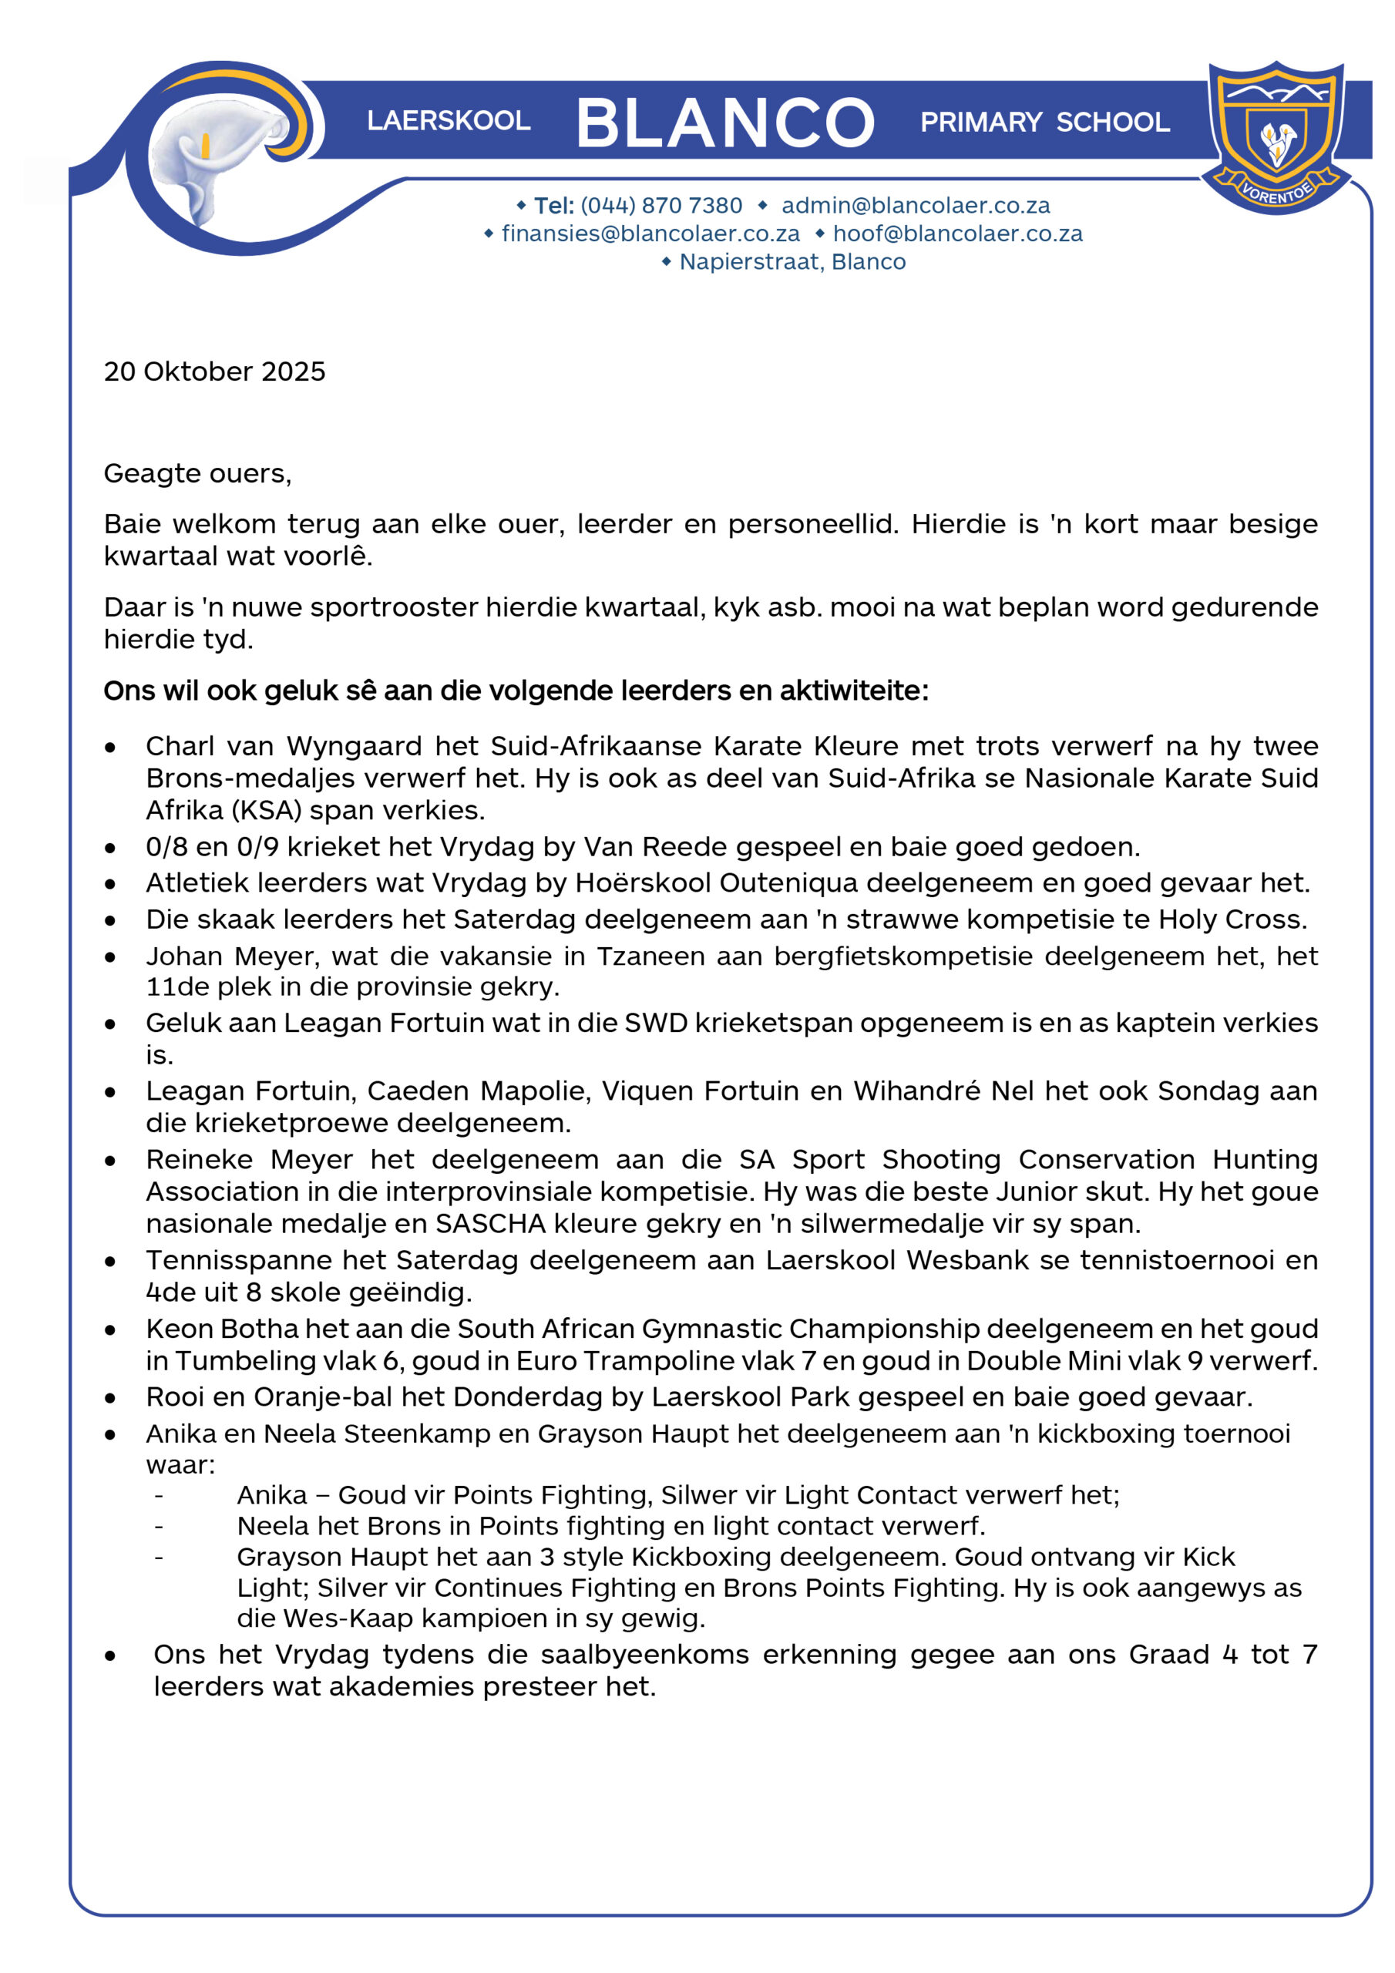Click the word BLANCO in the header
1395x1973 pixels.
(724, 122)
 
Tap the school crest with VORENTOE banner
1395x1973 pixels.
(1276, 136)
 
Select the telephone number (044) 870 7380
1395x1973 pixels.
(661, 205)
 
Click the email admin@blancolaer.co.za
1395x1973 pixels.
(916, 205)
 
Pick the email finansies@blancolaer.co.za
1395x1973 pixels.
(650, 234)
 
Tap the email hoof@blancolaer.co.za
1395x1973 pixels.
(957, 234)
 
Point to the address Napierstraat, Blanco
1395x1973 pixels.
(792, 262)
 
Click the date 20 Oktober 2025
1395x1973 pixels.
(215, 371)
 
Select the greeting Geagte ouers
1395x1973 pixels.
(197, 473)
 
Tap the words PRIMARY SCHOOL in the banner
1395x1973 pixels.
(1044, 122)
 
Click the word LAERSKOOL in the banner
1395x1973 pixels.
(449, 120)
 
